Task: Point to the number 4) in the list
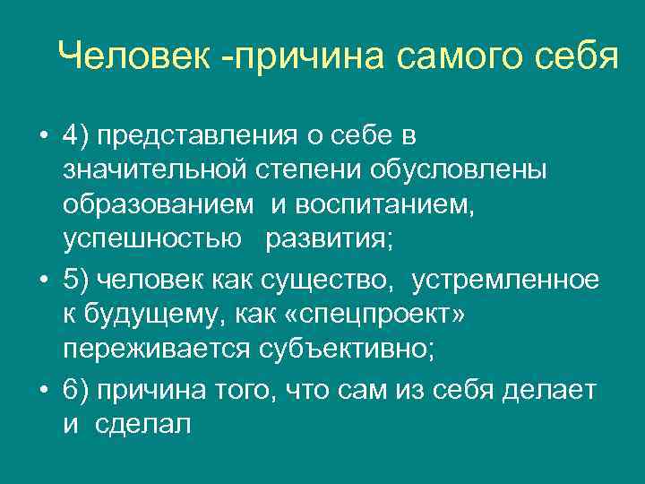75,135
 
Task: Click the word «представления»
210,137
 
